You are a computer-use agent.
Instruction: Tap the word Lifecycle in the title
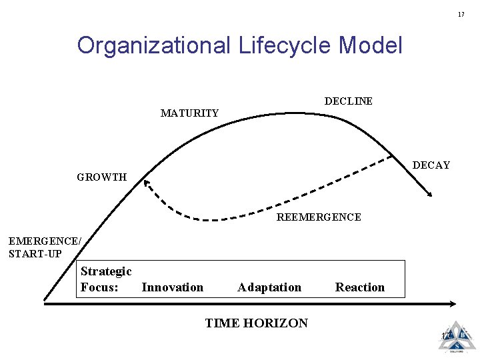point(282,46)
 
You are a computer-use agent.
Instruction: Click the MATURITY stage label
point(189,113)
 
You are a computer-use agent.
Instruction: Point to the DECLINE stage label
point(348,101)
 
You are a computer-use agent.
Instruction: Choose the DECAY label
point(431,165)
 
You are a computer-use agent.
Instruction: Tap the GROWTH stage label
point(101,177)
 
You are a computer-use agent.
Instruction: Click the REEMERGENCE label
point(319,217)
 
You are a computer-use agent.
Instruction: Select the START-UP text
point(35,254)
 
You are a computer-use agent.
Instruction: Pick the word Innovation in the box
point(173,287)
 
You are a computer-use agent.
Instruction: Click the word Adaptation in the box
point(269,287)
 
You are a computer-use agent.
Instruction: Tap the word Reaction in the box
point(360,287)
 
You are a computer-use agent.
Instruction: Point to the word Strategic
point(106,271)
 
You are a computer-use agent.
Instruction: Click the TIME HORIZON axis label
point(257,323)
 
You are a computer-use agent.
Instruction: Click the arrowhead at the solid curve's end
point(431,194)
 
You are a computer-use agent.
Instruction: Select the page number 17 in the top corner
point(461,14)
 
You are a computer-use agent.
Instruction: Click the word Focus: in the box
point(99,287)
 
